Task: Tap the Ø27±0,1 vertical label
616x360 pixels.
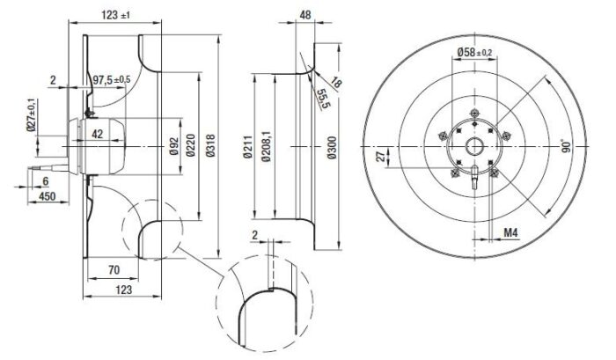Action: (32, 116)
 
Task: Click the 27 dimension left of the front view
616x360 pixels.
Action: (379, 157)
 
